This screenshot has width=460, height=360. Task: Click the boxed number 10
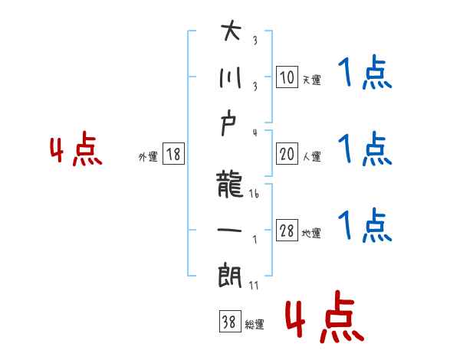(287, 77)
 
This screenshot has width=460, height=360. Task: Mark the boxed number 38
(228, 323)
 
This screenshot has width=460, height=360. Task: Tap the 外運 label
(148, 157)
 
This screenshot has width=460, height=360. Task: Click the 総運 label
(255, 325)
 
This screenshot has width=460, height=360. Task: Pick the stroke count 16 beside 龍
(255, 195)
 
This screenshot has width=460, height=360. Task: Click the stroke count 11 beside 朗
(255, 285)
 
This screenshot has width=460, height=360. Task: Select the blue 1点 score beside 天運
(364, 74)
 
